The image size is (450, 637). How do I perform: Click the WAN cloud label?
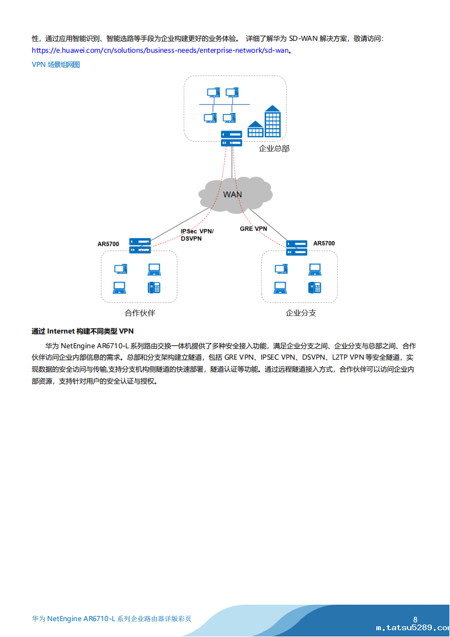[232, 195]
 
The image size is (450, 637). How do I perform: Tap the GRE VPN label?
[253, 229]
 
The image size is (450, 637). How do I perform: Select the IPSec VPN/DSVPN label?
[197, 235]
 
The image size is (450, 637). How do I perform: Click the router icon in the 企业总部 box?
[232, 138]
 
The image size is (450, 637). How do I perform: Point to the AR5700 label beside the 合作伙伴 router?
[108, 244]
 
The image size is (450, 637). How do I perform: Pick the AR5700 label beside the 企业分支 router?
[324, 243]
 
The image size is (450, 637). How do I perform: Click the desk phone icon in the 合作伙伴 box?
[154, 287]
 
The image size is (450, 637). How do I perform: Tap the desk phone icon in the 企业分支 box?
[315, 287]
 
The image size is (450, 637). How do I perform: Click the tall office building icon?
[273, 121]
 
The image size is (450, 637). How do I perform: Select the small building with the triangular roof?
[255, 129]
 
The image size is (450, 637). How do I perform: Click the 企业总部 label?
[274, 149]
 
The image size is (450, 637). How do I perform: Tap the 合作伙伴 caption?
[139, 313]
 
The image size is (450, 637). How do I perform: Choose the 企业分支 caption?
[301, 313]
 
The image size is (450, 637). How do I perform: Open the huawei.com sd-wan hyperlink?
[161, 50]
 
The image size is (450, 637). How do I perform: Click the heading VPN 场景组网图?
[56, 65]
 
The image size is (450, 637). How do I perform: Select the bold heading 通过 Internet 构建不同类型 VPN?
[83, 331]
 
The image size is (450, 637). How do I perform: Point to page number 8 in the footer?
[415, 619]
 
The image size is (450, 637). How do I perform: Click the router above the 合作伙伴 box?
[139, 245]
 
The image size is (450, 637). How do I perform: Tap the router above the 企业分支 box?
[296, 247]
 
